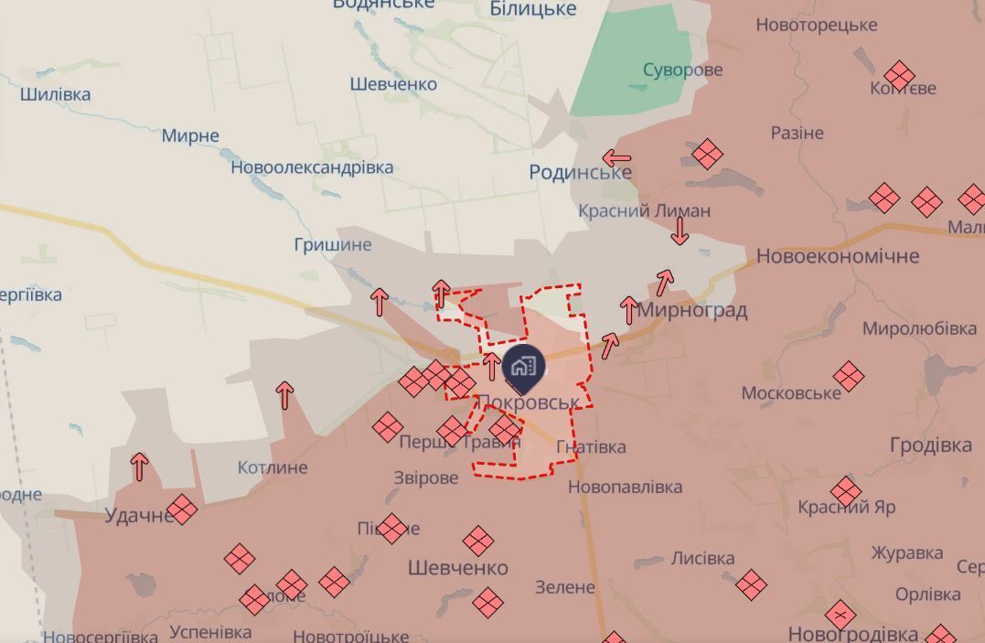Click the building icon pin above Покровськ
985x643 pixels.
[x=524, y=368]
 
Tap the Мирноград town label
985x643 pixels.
[x=692, y=310]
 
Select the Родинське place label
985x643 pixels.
[x=580, y=172]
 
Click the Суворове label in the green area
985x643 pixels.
[x=682, y=70]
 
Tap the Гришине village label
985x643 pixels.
[x=333, y=244]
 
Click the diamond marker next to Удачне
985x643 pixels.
[x=181, y=509]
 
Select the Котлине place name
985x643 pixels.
[x=273, y=467]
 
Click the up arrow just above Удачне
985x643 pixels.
[x=139, y=466]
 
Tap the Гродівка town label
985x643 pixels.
[x=930, y=445]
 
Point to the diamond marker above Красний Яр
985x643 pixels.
[x=846, y=491]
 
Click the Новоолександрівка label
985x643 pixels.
[x=312, y=167]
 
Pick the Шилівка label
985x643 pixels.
[x=55, y=94]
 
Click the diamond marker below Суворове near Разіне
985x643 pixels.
[x=706, y=154]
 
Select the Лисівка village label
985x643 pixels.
[x=702, y=558]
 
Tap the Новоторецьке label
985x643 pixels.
[x=817, y=25]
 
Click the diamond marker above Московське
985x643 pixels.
[x=848, y=375]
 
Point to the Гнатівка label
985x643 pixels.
[x=591, y=446]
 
